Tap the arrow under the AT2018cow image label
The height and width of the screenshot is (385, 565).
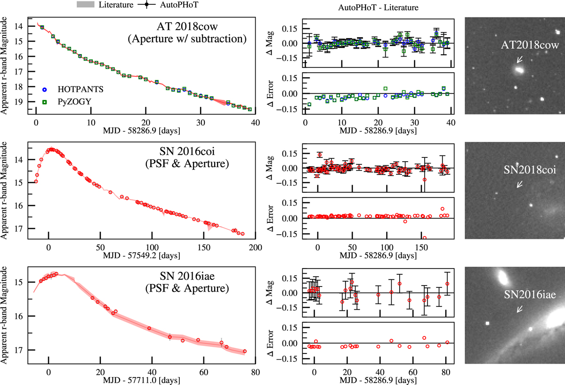519,59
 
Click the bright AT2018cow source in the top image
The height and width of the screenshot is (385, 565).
520,70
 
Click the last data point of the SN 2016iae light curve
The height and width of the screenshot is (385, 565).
245,351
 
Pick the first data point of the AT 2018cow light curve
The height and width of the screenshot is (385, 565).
42,27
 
